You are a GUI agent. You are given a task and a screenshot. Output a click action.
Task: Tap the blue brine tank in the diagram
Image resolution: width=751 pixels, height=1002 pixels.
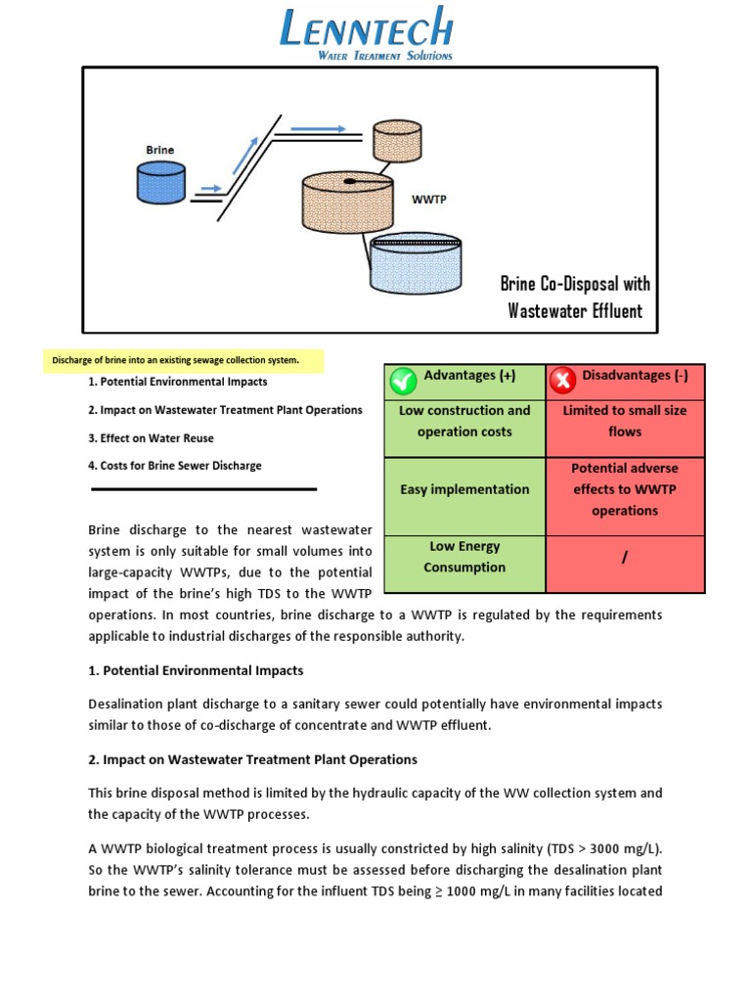coord(160,182)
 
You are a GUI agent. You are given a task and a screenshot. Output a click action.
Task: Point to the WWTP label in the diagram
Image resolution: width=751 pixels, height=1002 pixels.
coord(427,199)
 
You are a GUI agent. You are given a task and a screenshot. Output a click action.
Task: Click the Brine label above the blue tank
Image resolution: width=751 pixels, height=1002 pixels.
coord(160,150)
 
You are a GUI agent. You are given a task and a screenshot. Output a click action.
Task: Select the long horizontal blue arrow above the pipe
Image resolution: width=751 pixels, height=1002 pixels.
coord(318,128)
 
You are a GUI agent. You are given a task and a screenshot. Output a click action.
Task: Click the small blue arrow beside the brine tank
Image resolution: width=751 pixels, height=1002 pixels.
coord(209,188)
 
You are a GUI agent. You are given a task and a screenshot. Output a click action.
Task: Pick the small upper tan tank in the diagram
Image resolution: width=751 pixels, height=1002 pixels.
coord(397,143)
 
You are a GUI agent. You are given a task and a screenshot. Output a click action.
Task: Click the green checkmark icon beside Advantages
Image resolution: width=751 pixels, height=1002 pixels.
coord(403,380)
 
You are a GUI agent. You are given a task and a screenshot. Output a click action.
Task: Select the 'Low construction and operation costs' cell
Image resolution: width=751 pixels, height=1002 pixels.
coord(464,421)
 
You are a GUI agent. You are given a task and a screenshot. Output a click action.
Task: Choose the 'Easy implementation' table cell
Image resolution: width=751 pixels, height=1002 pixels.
coord(464,489)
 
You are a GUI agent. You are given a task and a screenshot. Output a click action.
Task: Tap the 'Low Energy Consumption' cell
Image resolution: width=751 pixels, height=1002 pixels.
coord(464,557)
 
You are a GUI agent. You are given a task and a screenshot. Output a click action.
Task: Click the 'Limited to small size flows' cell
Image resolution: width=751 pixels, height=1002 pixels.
coord(625,421)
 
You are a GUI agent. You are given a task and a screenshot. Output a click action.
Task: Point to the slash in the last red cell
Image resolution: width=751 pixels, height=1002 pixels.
coord(624,558)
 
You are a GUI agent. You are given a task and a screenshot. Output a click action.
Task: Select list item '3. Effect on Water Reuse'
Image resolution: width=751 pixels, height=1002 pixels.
coord(151,437)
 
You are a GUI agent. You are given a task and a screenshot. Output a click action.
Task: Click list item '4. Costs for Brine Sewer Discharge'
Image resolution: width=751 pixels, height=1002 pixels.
coord(175,466)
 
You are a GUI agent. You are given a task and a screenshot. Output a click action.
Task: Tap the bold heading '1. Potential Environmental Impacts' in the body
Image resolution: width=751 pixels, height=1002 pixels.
coord(196,671)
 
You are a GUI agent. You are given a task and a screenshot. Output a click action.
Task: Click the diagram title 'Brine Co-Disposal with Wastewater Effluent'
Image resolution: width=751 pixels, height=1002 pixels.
coord(575,297)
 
